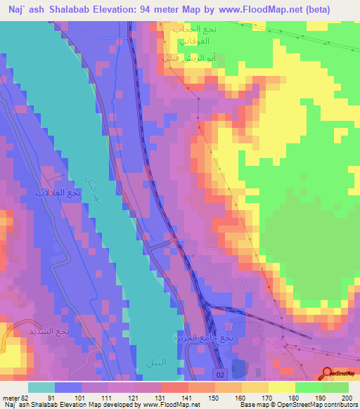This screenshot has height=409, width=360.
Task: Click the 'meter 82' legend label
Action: (14, 398)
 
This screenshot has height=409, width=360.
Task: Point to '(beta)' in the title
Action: (331, 8)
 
